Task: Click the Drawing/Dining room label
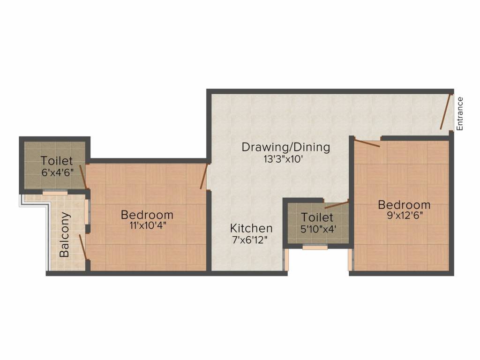(286, 147)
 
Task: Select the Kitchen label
(251, 228)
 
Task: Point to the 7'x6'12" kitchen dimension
(250, 240)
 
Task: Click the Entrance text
(459, 114)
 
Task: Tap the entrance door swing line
(445, 112)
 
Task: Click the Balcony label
(65, 234)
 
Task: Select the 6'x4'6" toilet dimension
(58, 172)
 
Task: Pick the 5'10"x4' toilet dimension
(318, 229)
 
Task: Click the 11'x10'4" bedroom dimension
(148, 225)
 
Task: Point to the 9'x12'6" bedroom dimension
(405, 215)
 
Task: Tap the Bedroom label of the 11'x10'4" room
(147, 215)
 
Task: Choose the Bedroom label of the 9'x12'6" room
(405, 205)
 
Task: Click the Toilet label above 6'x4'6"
(57, 161)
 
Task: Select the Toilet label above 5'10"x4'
(317, 217)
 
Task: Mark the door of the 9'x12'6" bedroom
(367, 143)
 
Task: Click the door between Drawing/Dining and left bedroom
(204, 176)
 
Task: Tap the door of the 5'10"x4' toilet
(337, 204)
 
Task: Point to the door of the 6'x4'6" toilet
(83, 177)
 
